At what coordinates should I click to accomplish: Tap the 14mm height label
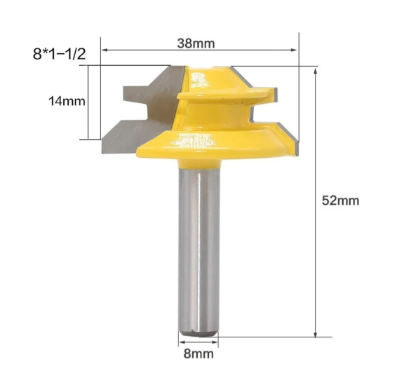[67, 101]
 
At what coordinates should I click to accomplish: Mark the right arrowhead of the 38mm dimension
[295, 50]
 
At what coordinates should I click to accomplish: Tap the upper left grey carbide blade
[144, 90]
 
